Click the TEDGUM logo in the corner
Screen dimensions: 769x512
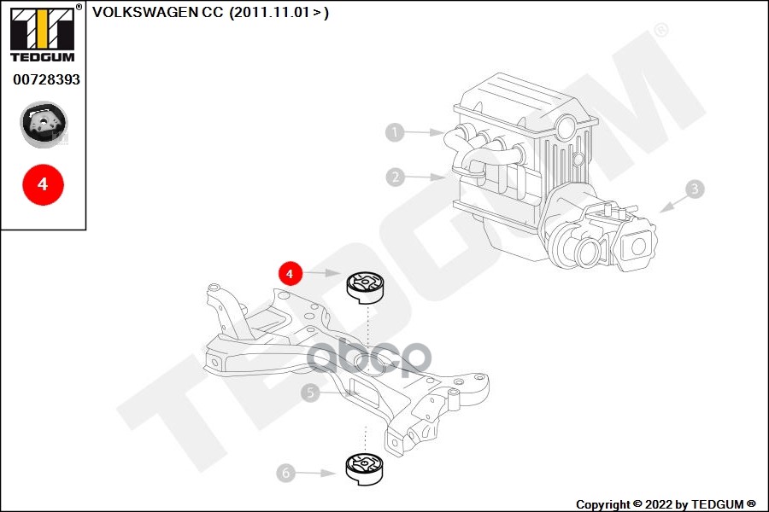(x=43, y=34)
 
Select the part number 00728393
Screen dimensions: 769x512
(x=46, y=79)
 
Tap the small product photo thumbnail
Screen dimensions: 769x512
(x=44, y=123)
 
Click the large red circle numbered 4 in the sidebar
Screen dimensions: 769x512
(x=43, y=183)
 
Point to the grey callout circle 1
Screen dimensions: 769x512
(x=394, y=132)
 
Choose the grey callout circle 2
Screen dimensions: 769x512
(x=394, y=177)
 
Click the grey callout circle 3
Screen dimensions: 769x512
(x=695, y=189)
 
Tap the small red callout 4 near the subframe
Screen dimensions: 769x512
(x=290, y=274)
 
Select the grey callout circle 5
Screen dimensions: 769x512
(x=310, y=393)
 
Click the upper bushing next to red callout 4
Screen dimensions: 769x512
(x=365, y=286)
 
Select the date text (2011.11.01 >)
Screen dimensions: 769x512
(x=279, y=13)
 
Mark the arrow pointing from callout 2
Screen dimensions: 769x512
(x=426, y=177)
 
